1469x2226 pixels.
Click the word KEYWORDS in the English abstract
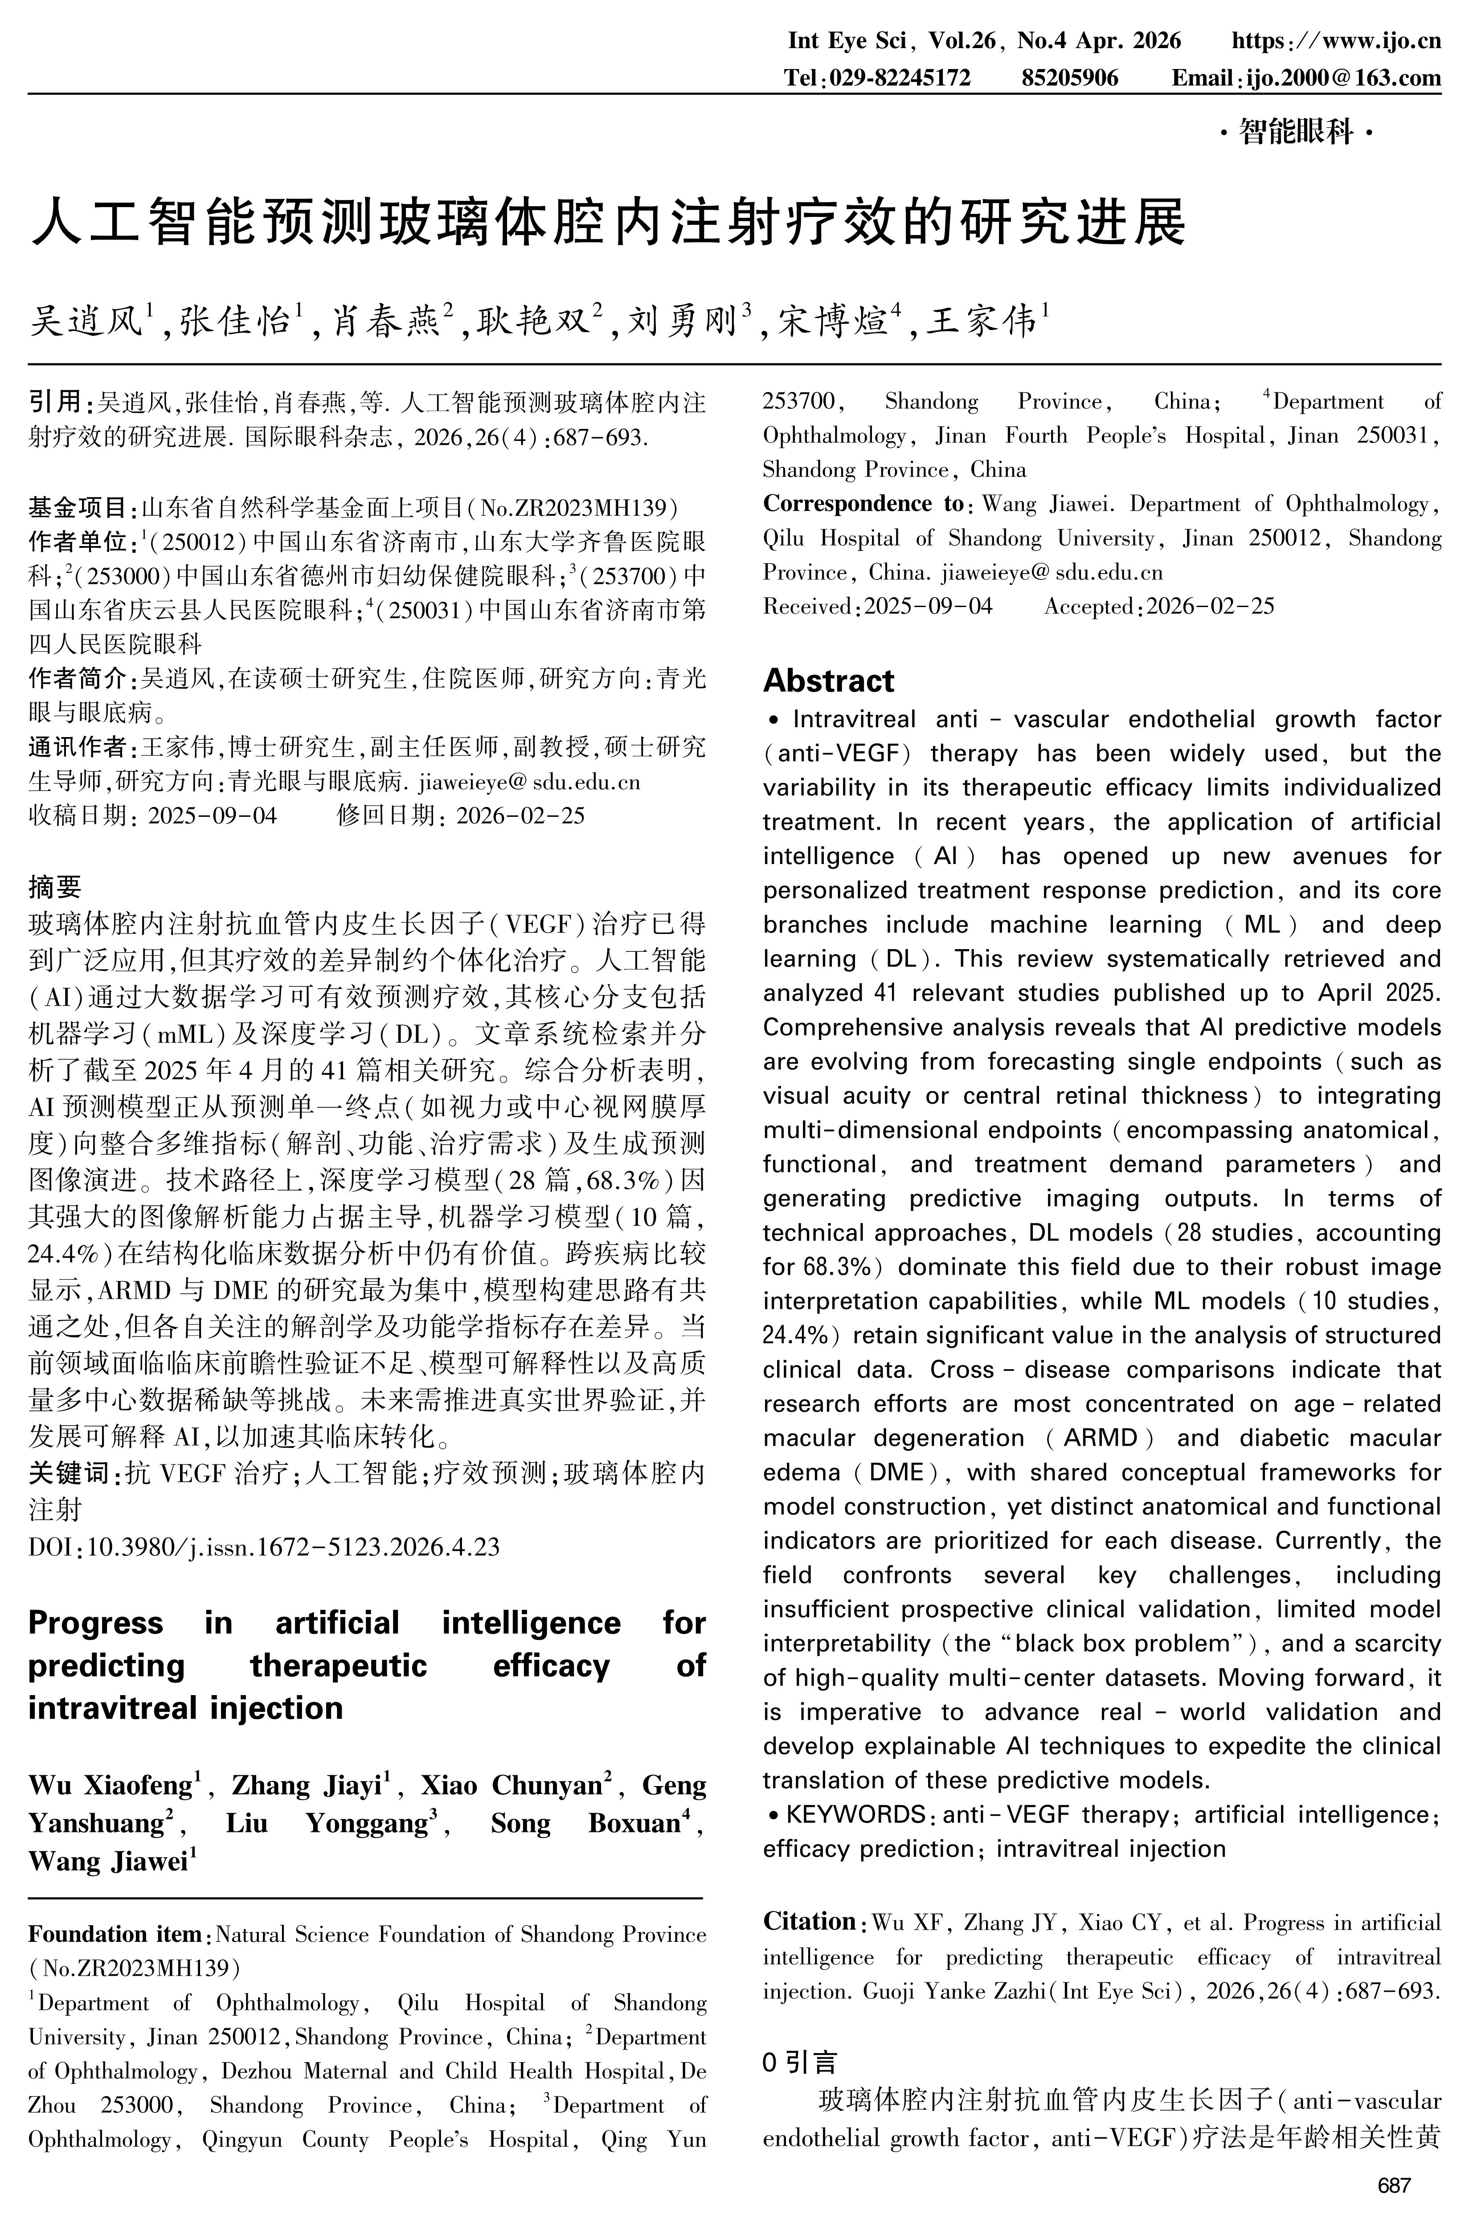pos(855,1814)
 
